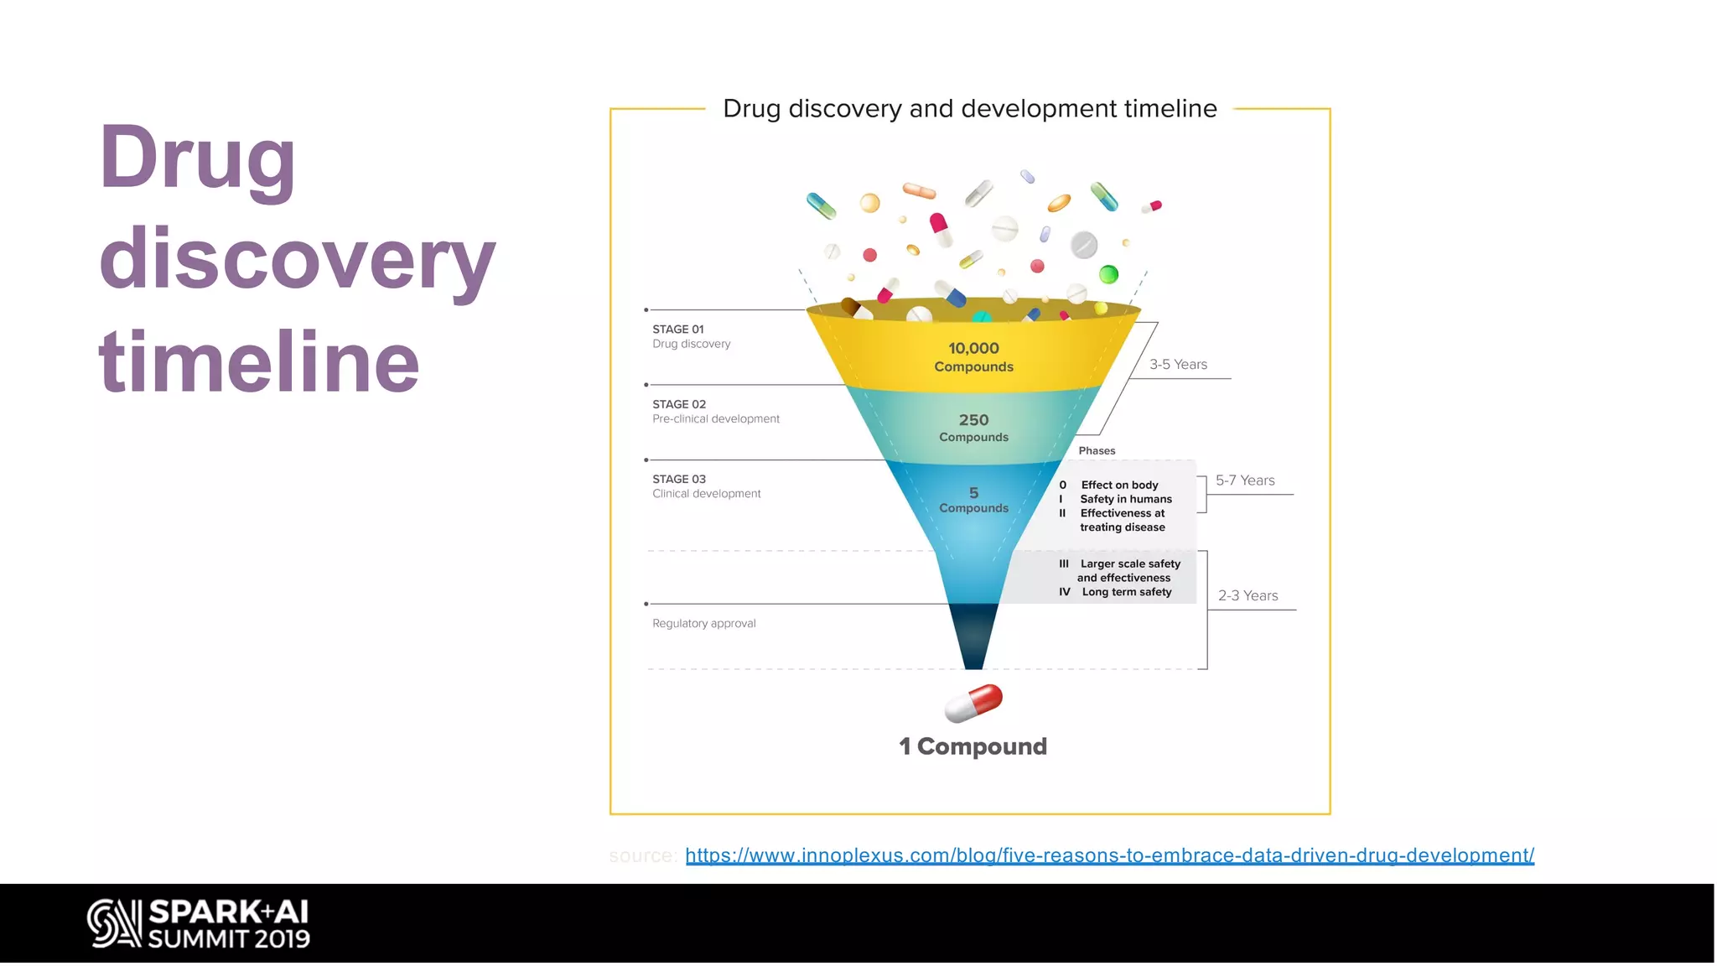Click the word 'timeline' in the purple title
[x=258, y=361]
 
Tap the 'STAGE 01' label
[x=678, y=330]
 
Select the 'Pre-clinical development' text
[x=716, y=418]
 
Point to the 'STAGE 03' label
[x=679, y=479]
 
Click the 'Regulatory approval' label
[x=704, y=623]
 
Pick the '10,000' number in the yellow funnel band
[x=973, y=348]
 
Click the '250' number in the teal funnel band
[x=973, y=419]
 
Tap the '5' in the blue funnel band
[x=973, y=493]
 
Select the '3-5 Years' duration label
[x=1178, y=364]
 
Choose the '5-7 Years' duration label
[x=1245, y=480]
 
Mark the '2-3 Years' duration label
[x=1248, y=595]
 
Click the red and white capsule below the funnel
[x=973, y=703]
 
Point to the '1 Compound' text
[x=973, y=746]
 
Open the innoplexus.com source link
[x=1109, y=855]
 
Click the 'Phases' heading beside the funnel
[x=1097, y=450]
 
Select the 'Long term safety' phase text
[x=1127, y=592]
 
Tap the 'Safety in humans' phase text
[x=1126, y=499]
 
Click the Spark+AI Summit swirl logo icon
[x=114, y=923]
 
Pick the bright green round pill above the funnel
[x=1108, y=274]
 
